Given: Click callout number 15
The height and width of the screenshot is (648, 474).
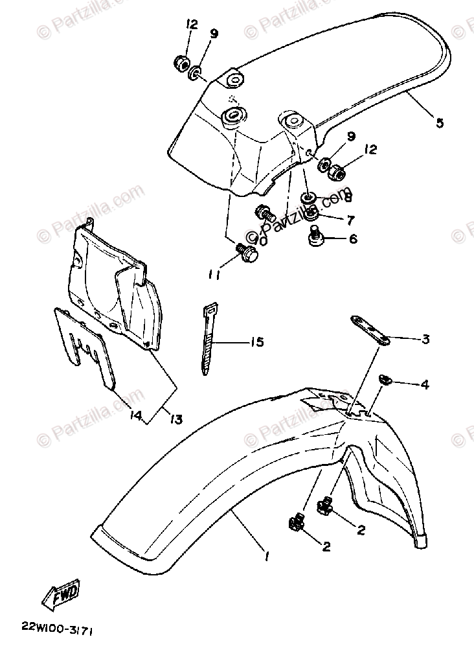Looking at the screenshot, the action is [x=256, y=341].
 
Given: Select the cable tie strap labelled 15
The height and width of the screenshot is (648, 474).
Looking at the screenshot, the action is [x=209, y=338].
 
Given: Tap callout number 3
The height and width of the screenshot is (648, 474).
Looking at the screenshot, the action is [x=425, y=338].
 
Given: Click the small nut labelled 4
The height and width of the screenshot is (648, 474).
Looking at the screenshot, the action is [x=383, y=380].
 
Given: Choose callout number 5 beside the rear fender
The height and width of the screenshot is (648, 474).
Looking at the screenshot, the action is [x=440, y=122].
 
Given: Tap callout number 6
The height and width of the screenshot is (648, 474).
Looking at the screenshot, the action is [x=353, y=238].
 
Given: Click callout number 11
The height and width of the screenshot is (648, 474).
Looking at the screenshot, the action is [x=214, y=275].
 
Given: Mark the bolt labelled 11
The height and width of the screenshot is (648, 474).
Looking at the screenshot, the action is [x=247, y=253].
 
